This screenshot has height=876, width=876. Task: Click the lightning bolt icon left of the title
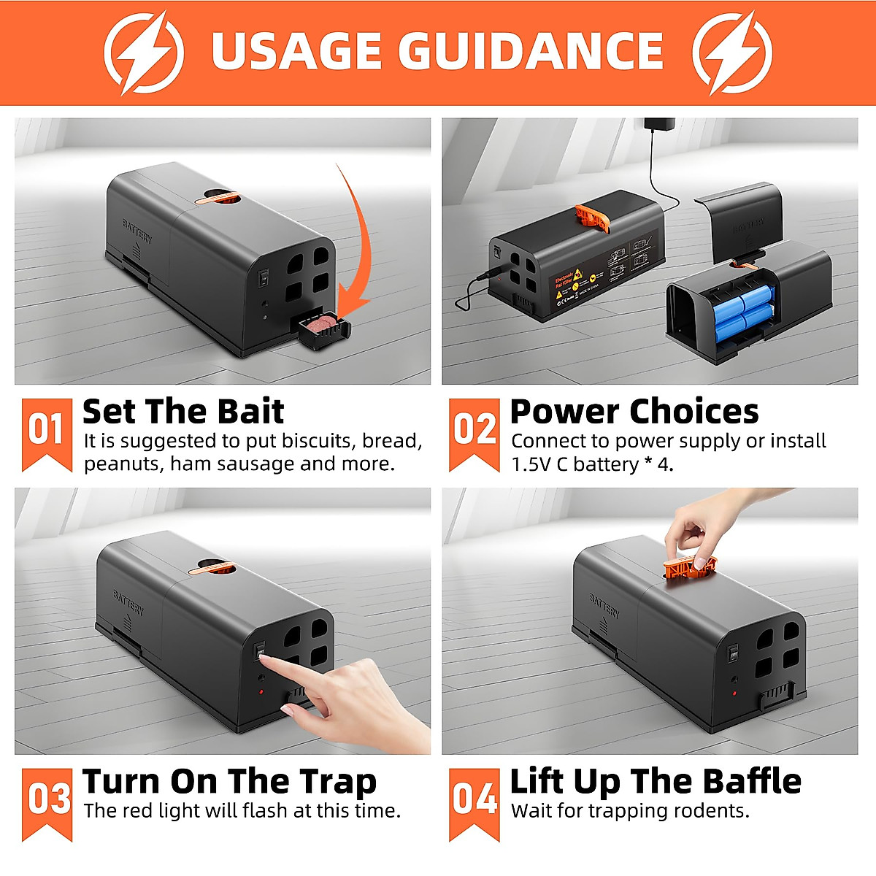[144, 52]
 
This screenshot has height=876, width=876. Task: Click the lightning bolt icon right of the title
[732, 52]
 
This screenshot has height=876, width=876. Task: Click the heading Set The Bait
[182, 412]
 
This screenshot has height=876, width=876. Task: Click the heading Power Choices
[634, 412]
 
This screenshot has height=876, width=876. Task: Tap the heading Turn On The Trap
[229, 782]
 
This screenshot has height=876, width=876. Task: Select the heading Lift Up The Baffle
[655, 782]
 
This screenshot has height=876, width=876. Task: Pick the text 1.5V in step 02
[531, 464]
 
